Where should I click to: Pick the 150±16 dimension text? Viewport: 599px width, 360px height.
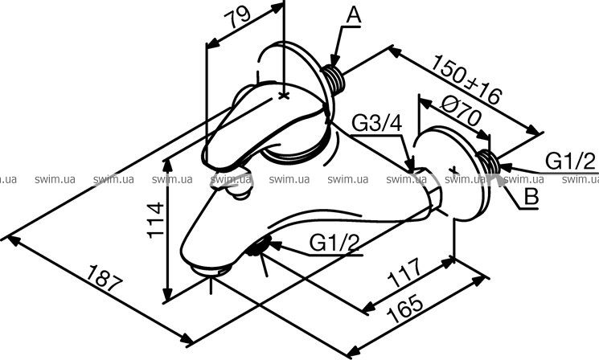click(x=466, y=80)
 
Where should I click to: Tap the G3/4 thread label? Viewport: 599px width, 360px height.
click(x=375, y=123)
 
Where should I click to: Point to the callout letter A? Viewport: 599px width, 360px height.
click(x=355, y=14)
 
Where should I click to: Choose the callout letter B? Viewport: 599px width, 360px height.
click(x=530, y=196)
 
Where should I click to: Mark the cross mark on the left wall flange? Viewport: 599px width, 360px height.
click(x=283, y=95)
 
